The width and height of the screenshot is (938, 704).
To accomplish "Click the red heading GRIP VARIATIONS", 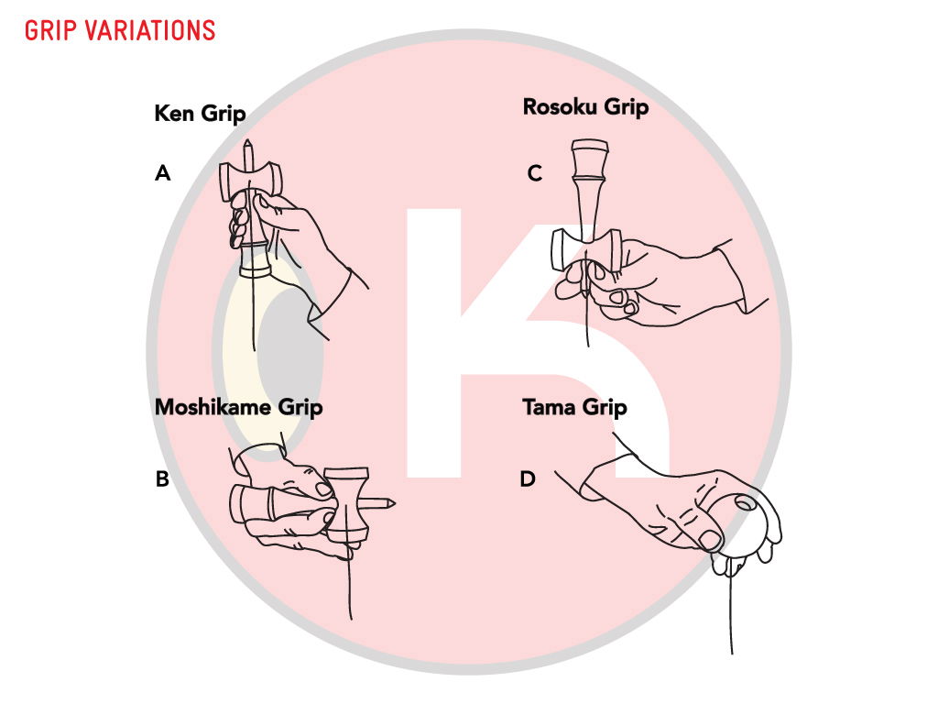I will pyautogui.click(x=120, y=30).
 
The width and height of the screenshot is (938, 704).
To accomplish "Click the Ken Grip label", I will pyautogui.click(x=200, y=114).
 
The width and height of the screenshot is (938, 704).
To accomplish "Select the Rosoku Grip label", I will pyautogui.click(x=585, y=106).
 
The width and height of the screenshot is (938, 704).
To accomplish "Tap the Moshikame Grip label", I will pyautogui.click(x=238, y=406).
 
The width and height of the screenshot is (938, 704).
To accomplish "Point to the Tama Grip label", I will pyautogui.click(x=574, y=406).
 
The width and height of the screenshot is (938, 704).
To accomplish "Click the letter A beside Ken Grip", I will pyautogui.click(x=163, y=172).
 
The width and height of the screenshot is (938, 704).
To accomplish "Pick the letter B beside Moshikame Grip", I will pyautogui.click(x=162, y=478).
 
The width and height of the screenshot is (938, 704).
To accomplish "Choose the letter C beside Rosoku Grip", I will pyautogui.click(x=535, y=172).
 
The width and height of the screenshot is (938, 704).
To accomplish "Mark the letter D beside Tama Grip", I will pyautogui.click(x=527, y=478).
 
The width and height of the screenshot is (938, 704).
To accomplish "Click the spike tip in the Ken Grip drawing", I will pyautogui.click(x=248, y=145).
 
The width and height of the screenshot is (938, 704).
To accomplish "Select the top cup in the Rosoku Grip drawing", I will pyautogui.click(x=590, y=149).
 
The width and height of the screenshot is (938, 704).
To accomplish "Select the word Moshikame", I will pyautogui.click(x=215, y=406).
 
